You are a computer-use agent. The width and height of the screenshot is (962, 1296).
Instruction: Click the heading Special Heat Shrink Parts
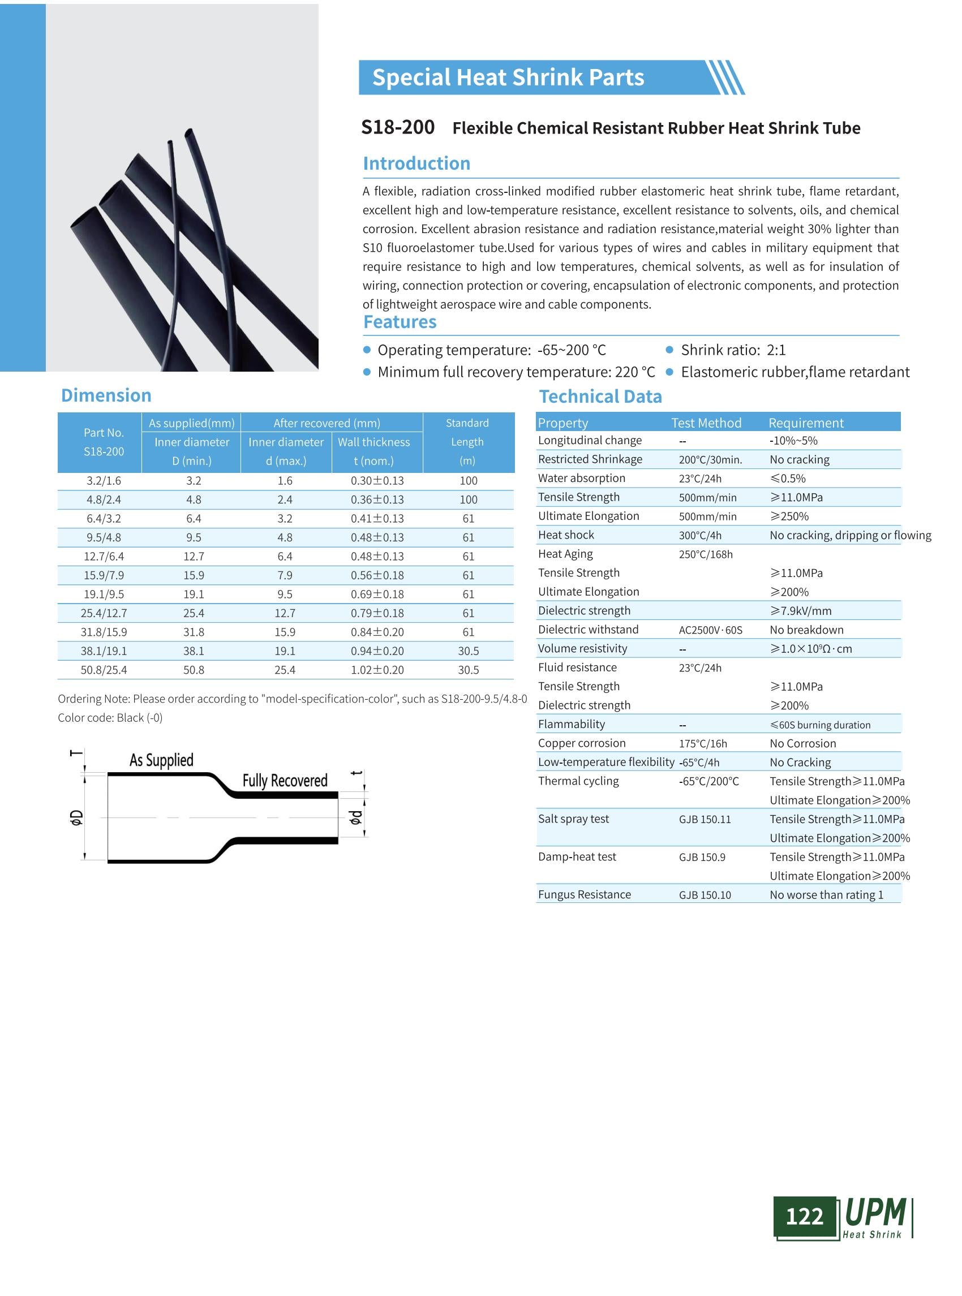pos(508,77)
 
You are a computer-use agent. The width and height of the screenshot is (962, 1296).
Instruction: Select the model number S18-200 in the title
pos(398,127)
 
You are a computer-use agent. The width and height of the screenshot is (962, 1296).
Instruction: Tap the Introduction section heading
pos(416,163)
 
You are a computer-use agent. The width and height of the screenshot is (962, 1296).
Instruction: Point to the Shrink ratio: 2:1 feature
pos(733,350)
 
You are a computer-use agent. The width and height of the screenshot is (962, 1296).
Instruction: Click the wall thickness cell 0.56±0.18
pos(377,575)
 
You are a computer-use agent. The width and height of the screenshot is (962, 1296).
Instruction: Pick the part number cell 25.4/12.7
pos(104,613)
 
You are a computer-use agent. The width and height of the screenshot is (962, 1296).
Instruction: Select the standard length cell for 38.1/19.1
pos(468,651)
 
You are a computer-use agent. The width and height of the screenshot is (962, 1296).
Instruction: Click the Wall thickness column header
pos(374,442)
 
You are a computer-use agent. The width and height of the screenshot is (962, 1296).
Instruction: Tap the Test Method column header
pos(706,423)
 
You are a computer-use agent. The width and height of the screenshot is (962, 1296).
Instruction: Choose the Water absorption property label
pos(581,478)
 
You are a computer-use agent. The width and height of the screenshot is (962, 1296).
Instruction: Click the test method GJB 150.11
pos(705,819)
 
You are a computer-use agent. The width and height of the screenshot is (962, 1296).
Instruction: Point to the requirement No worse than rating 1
pos(826,895)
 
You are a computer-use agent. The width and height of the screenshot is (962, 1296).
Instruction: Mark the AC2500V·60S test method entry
pos(710,630)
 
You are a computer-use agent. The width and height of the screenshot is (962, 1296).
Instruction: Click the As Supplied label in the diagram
pos(161,760)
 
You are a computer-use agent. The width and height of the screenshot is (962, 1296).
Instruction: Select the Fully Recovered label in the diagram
pos(285,781)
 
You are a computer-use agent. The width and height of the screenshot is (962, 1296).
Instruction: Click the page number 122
pos(804,1216)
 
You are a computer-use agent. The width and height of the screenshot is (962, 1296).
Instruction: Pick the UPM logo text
pos(875,1212)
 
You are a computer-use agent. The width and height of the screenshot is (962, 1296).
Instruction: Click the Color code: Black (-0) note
pos(110,718)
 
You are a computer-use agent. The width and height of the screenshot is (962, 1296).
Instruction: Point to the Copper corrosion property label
pos(581,743)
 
